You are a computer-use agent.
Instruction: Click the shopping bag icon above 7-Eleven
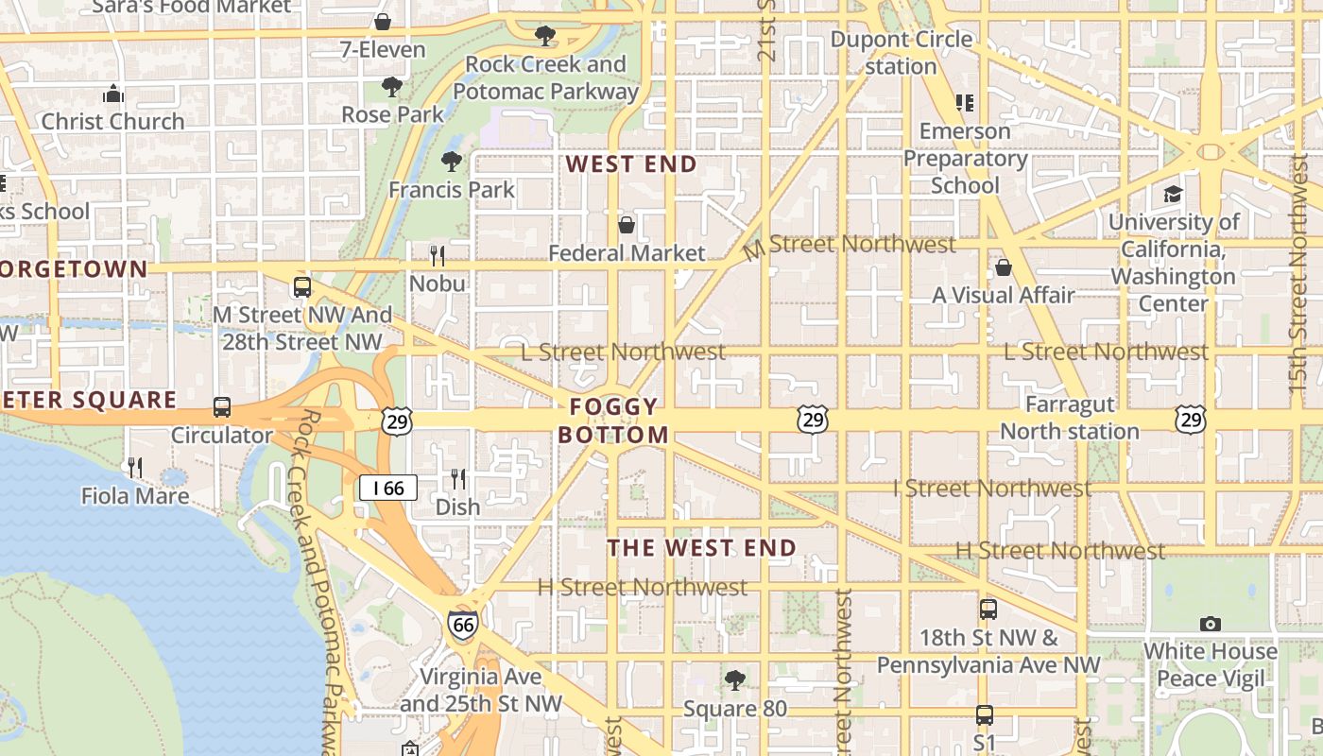tap(383, 21)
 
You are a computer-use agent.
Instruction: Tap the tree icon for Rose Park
tap(392, 87)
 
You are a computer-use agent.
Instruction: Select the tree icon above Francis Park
tap(452, 162)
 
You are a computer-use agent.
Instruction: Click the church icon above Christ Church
tap(113, 94)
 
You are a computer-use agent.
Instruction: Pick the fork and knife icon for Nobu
tap(437, 255)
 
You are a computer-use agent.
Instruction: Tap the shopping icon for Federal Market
tap(626, 225)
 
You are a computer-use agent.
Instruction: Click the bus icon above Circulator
tap(222, 407)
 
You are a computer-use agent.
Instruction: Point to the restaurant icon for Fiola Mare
tap(135, 467)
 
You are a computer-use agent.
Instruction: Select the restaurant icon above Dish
tap(458, 479)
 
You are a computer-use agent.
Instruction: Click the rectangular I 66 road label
tap(387, 488)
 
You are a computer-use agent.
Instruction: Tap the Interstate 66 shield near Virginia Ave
tap(462, 623)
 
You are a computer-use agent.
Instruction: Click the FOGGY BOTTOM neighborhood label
tap(613, 421)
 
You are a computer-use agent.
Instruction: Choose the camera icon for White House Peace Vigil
tap(1210, 624)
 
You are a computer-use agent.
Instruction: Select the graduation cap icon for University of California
tap(1173, 194)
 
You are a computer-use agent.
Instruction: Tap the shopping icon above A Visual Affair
tap(1004, 267)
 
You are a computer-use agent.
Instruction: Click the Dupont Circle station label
tap(901, 53)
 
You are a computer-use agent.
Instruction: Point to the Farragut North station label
tap(1070, 418)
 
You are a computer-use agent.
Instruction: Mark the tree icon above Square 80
tap(733, 679)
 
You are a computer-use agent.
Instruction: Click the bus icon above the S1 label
tap(985, 714)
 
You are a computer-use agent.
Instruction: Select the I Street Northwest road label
tap(992, 489)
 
